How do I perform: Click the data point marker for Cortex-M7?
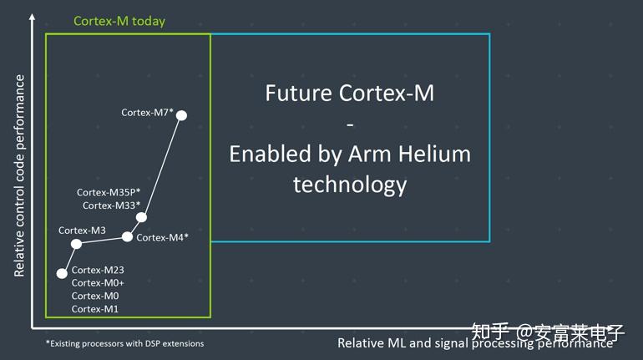click(x=181, y=115)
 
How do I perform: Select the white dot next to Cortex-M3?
click(x=76, y=244)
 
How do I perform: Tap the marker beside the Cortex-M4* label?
click(x=127, y=237)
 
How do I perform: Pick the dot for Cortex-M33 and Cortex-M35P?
click(x=141, y=217)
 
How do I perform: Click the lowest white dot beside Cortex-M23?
click(x=61, y=273)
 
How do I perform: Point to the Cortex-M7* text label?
click(x=147, y=112)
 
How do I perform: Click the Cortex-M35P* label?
click(x=109, y=192)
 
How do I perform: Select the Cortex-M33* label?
click(x=111, y=205)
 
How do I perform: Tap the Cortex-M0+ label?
click(x=98, y=283)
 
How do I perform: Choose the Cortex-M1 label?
click(x=95, y=309)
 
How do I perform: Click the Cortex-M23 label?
click(x=98, y=270)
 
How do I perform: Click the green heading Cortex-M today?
click(x=119, y=22)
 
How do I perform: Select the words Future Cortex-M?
click(x=349, y=93)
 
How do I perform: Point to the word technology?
click(x=349, y=185)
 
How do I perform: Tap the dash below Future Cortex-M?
click(x=350, y=124)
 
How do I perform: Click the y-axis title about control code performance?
click(x=19, y=175)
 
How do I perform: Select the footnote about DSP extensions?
click(x=124, y=343)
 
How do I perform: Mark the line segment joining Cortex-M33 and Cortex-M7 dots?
click(x=161, y=166)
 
